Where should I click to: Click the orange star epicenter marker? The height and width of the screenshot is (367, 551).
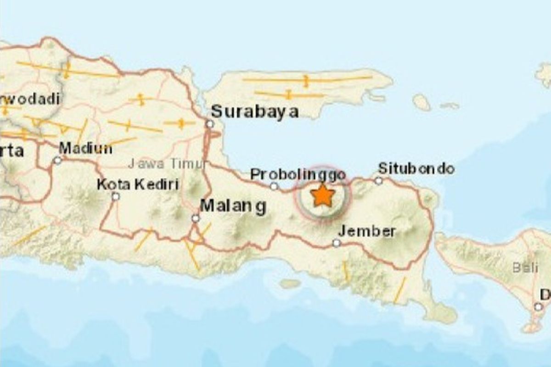(323, 196)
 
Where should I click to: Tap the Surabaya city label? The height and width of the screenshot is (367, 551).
(255, 111)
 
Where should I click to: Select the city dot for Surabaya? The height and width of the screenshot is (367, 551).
(210, 124)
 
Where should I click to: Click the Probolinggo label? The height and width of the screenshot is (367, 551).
(298, 175)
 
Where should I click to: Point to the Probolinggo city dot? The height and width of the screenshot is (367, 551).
(274, 186)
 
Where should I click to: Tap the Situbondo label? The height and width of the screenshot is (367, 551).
(416, 168)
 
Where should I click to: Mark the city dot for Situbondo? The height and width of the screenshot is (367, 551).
(378, 181)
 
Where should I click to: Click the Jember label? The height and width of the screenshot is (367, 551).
(367, 231)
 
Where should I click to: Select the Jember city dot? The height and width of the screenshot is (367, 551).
(337, 243)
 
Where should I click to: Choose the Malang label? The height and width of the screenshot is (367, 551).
(233, 206)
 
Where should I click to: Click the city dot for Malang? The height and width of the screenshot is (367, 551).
(196, 218)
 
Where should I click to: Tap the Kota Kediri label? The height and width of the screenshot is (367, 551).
(137, 185)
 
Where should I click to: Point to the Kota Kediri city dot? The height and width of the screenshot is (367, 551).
(116, 196)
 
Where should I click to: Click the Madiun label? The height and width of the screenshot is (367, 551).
(85, 148)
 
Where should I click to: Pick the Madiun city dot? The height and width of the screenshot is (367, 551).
(57, 161)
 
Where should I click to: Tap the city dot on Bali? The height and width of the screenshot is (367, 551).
(538, 306)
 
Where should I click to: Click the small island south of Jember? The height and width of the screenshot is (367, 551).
(290, 284)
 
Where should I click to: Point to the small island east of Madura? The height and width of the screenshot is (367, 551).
(421, 102)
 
